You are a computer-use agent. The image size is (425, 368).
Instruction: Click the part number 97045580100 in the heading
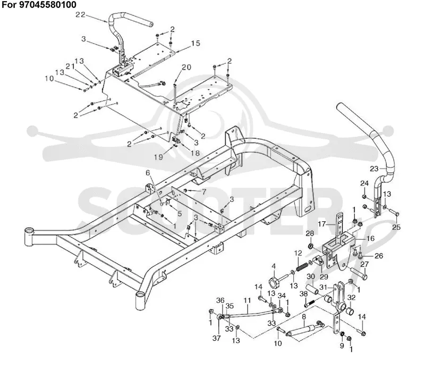[x=48, y=5]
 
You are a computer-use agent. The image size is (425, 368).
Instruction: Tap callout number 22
[x=80, y=15]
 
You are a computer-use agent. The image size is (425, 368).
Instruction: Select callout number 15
[x=195, y=43]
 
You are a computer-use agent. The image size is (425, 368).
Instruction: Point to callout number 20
[x=186, y=67]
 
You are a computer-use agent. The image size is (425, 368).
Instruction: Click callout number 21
[x=70, y=66]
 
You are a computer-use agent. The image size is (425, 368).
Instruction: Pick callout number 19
[x=158, y=157]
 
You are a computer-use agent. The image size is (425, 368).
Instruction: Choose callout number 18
[x=195, y=153]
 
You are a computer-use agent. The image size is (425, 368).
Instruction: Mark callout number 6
[x=148, y=173]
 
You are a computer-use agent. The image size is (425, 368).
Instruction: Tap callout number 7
[x=203, y=192]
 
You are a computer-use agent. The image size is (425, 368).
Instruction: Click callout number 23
[x=374, y=169]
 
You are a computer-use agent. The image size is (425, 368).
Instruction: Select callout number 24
[x=364, y=183]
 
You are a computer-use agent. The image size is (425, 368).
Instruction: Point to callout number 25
[x=396, y=227]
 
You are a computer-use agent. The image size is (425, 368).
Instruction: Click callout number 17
[x=322, y=224]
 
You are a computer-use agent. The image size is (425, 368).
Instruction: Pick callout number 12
[x=298, y=253]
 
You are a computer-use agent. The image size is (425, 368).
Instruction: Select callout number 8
[x=304, y=316]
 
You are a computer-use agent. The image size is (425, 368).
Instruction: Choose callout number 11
[x=247, y=300]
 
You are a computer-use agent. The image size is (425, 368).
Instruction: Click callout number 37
[x=216, y=338]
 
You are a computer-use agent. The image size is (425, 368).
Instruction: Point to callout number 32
[x=351, y=298]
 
